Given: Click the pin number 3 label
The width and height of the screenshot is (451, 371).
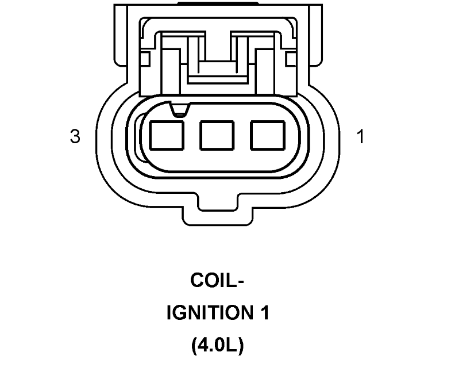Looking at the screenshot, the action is point(75,137).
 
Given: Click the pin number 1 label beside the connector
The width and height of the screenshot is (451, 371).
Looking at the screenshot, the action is point(360,137).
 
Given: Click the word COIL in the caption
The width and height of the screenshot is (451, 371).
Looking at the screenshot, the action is point(213,281).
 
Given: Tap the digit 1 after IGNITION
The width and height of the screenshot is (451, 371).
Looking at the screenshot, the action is point(263,313).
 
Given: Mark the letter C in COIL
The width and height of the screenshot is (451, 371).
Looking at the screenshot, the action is point(197,281).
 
